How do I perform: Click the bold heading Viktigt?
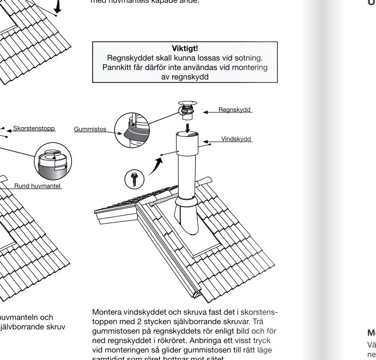[184, 49]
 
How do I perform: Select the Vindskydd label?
[236, 139]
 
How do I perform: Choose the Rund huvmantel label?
[38, 186]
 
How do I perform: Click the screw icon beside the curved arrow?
[134, 177]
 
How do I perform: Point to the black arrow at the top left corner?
[57, 7]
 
